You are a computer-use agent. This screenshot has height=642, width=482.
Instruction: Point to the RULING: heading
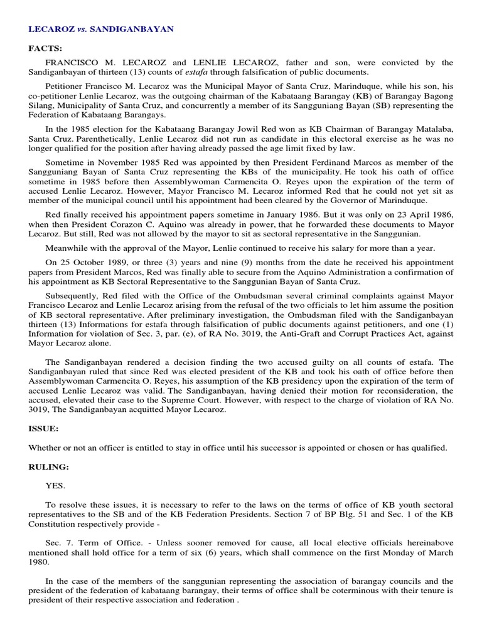(x=48, y=466)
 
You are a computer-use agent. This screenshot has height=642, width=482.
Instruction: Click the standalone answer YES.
(x=55, y=485)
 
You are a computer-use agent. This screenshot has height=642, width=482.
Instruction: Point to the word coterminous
(x=292, y=589)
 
